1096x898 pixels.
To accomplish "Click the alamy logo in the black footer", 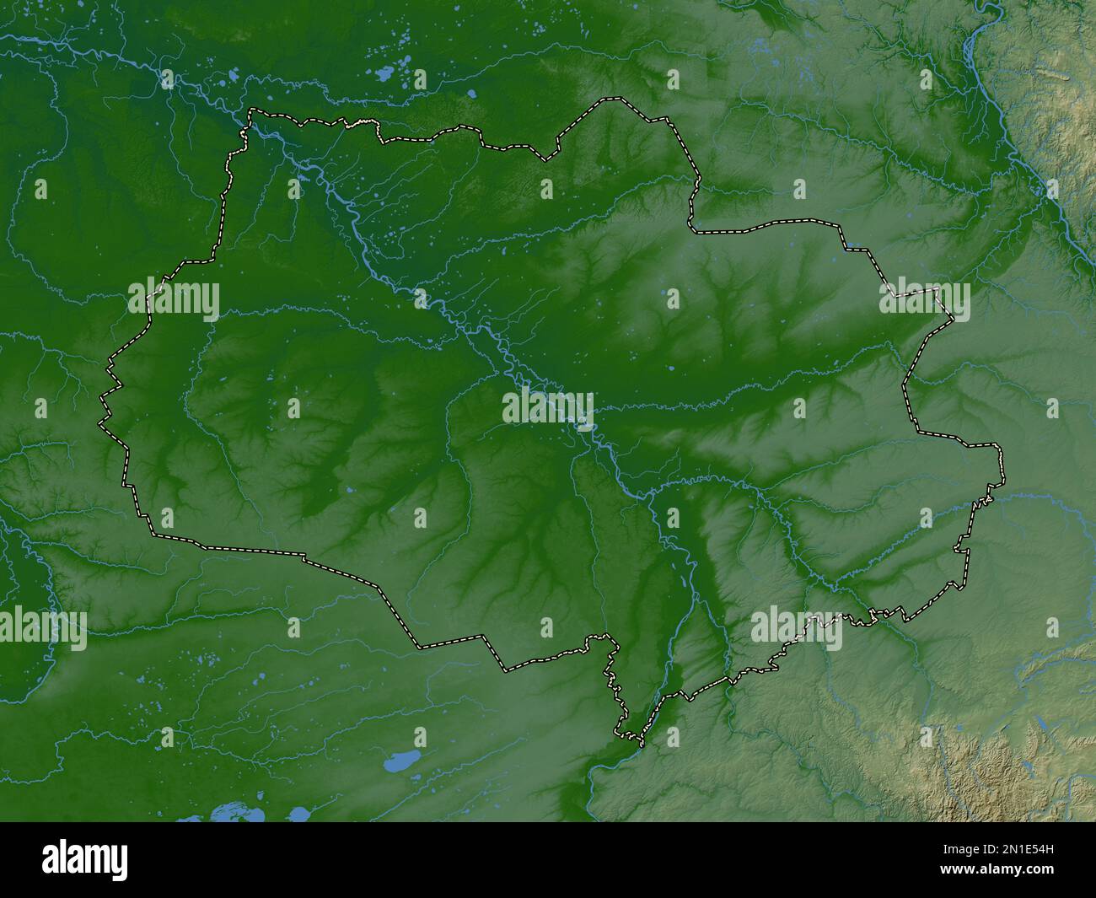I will [85, 859].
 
